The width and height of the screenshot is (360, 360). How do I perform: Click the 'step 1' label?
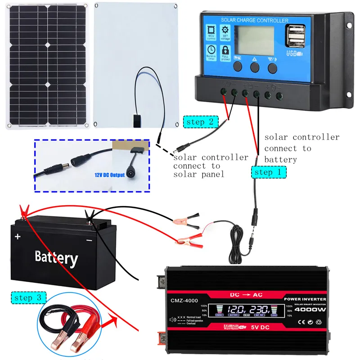coord(269,171)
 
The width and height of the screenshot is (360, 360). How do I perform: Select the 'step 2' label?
coord(201,122)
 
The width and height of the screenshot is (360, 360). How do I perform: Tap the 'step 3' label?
coord(28,297)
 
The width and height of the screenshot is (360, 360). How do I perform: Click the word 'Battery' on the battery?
coord(56,257)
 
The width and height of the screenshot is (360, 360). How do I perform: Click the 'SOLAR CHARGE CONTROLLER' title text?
coord(255,21)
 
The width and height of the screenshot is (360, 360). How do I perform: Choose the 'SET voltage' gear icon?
coord(225,32)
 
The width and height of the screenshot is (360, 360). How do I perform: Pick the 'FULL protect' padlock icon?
coord(225,52)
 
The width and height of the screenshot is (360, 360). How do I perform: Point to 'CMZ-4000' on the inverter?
coord(184,300)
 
